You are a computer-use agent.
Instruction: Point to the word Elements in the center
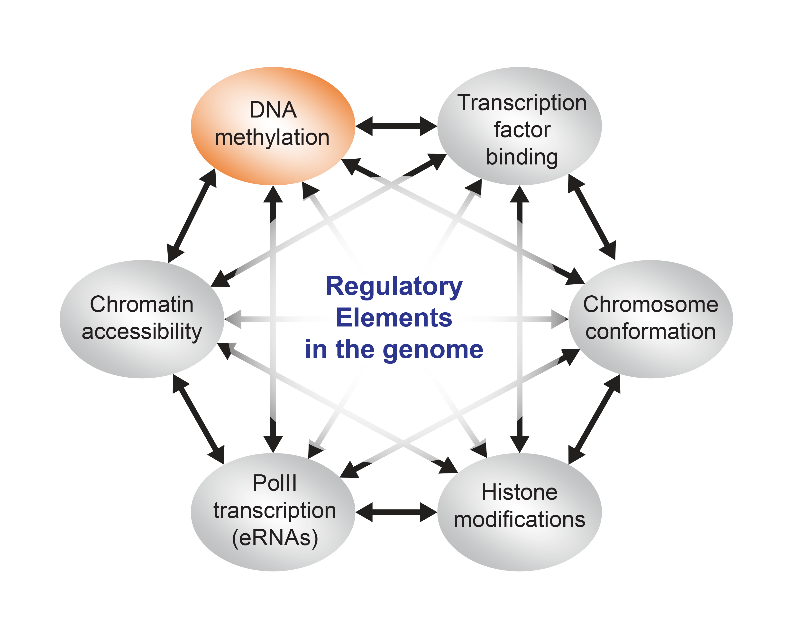coord(394,318)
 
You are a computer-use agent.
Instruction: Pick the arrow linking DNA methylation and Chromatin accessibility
coord(192,216)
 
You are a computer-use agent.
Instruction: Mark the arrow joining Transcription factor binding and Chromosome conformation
coord(592,217)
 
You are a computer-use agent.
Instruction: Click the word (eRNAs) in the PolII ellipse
coord(275,538)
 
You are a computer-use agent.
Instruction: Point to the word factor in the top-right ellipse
coord(522,130)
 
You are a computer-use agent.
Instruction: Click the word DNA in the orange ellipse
coord(273,110)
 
